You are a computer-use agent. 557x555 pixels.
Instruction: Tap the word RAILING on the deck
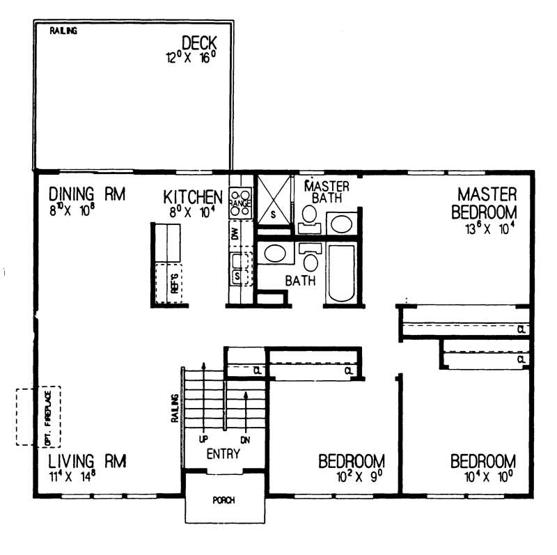pos(63,31)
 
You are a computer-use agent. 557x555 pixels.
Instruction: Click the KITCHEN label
pos(193,196)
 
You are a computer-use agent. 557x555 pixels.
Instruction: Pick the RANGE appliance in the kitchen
pos(241,201)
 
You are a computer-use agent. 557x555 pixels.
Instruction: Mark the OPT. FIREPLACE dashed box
pos(40,416)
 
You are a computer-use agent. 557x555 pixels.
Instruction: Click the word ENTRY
pos(223,454)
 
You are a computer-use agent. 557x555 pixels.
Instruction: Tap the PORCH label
pos(224,500)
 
